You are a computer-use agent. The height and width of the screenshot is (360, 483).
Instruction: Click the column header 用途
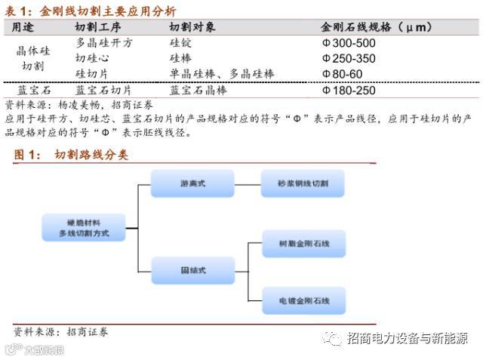23,27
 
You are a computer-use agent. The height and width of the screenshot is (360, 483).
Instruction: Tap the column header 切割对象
192,27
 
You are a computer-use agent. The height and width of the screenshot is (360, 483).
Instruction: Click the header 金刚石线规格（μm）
377,27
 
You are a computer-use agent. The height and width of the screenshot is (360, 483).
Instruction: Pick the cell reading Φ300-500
349,43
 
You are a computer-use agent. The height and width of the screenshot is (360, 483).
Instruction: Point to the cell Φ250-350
349,58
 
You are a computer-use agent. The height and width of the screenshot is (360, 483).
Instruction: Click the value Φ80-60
343,73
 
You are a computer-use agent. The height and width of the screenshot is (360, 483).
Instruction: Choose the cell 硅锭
180,43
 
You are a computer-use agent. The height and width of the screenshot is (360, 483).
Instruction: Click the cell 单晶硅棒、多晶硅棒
222,73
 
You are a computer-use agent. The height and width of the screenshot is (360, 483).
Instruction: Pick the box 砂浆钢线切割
303,183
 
